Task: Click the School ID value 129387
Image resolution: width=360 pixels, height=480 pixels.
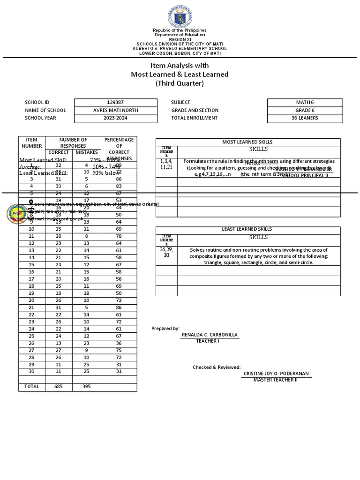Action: click(x=116, y=102)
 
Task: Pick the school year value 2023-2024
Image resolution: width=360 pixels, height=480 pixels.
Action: click(x=116, y=118)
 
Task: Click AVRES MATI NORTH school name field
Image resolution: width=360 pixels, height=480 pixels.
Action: click(x=116, y=110)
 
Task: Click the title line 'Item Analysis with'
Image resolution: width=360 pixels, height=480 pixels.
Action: click(x=180, y=67)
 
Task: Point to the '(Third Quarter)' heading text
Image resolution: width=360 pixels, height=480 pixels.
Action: click(x=180, y=83)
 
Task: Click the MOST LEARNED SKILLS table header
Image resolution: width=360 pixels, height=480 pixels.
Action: click(x=247, y=142)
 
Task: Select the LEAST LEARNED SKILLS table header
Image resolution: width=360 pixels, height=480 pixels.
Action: click(x=247, y=229)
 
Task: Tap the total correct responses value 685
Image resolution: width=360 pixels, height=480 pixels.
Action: click(x=59, y=387)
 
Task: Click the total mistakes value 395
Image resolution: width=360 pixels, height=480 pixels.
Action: click(x=86, y=387)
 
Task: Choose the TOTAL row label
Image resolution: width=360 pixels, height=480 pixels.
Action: click(x=31, y=387)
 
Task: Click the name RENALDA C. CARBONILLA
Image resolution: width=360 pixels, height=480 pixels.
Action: click(x=209, y=335)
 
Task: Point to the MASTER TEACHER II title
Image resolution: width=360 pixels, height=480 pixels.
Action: click(x=276, y=380)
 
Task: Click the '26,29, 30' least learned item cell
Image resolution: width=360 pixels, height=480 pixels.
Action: click(x=166, y=253)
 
